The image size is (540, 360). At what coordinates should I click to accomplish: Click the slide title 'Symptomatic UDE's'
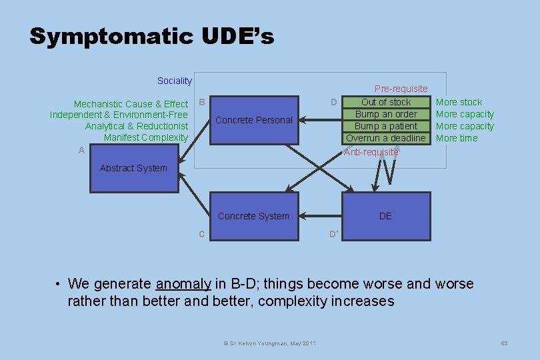click(151, 37)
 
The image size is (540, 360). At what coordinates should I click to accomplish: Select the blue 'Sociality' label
click(174, 81)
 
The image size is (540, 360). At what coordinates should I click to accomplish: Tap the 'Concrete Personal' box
click(253, 120)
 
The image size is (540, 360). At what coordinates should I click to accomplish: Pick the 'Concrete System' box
click(253, 216)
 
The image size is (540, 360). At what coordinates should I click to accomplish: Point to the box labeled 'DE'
click(385, 216)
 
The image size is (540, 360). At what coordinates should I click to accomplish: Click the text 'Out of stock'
click(386, 102)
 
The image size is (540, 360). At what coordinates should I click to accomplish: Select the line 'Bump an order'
click(386, 114)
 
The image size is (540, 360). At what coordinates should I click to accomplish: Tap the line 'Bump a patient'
click(386, 126)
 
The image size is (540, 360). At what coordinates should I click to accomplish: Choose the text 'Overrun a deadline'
click(386, 138)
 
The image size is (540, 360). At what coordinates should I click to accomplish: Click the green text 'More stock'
click(459, 102)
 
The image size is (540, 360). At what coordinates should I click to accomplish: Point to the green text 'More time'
click(457, 138)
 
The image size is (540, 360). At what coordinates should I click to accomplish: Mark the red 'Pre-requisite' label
click(401, 89)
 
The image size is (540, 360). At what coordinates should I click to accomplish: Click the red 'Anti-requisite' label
click(371, 152)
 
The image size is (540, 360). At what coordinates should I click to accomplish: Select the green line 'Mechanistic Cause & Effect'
click(131, 104)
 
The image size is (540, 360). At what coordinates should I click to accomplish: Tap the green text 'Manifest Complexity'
click(146, 137)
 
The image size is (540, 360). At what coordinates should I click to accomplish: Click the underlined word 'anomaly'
click(183, 284)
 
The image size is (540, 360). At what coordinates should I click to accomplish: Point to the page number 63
click(504, 343)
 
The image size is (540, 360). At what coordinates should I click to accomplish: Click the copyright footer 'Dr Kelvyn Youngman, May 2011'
click(269, 343)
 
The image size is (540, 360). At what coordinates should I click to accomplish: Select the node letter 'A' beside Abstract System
click(81, 151)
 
